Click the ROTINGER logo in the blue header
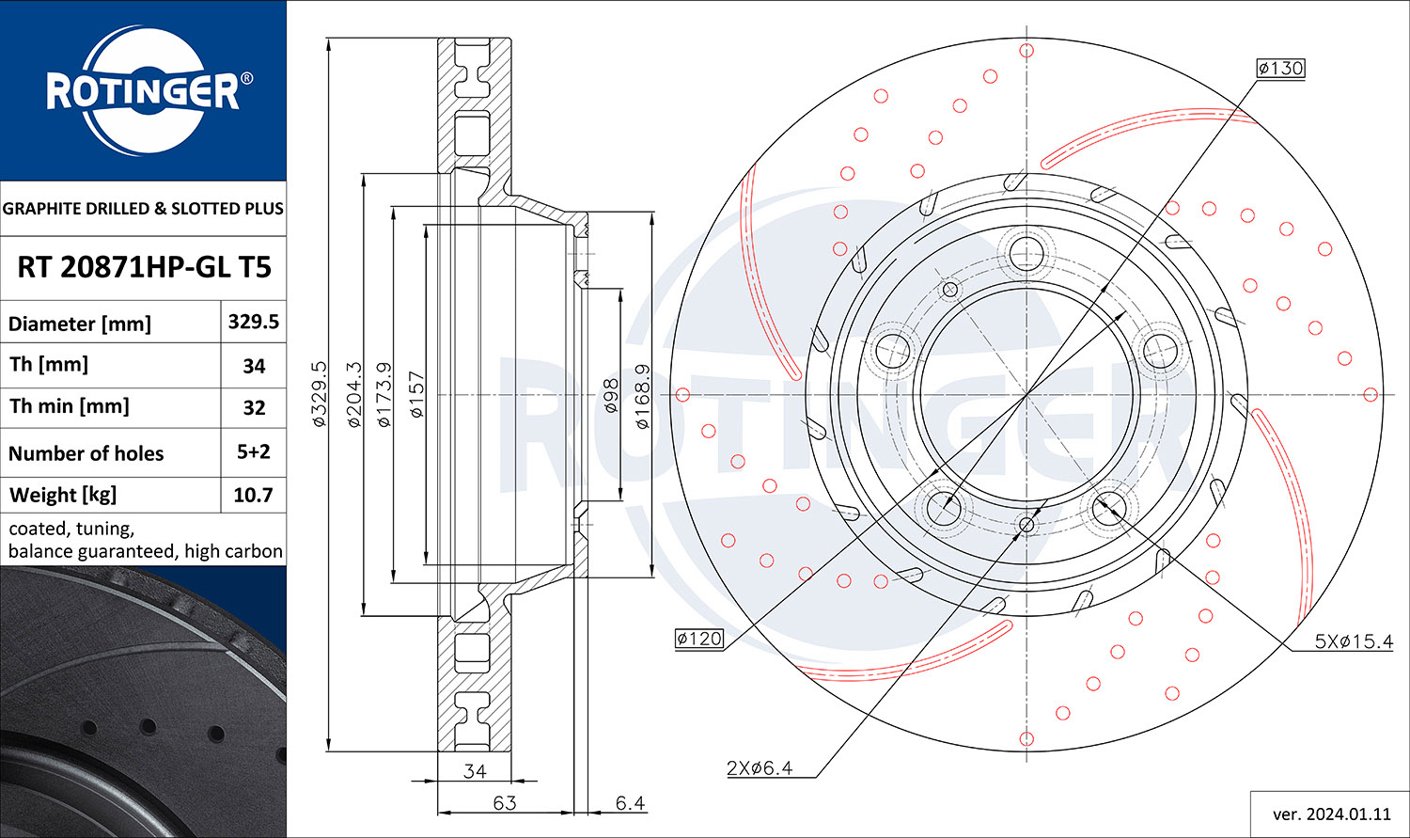143,91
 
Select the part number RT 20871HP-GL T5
144,267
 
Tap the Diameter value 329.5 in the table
253,322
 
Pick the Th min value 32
254,407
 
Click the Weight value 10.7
253,495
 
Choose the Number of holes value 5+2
253,451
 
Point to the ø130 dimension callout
1280,68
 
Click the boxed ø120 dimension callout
699,640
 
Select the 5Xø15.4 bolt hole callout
1354,642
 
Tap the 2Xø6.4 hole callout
760,768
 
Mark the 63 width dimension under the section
505,803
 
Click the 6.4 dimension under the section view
630,803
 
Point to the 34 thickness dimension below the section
476,771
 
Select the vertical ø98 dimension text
610,397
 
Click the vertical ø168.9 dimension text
643,397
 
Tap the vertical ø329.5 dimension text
319,394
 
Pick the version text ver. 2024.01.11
1331,814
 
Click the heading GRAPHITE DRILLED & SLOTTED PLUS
143,209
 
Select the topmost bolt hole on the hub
1026,251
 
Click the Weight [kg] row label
62,495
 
